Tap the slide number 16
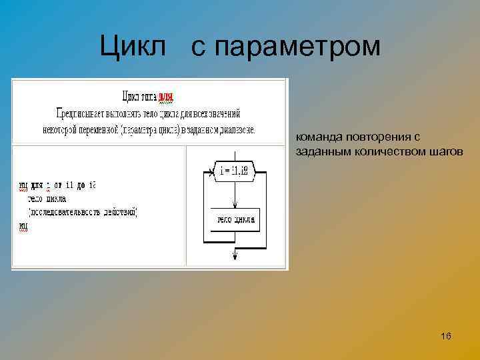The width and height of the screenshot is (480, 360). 446,336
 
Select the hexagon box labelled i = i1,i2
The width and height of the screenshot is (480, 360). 235,171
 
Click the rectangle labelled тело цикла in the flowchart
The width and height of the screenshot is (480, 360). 235,220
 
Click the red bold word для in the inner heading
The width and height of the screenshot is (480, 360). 165,97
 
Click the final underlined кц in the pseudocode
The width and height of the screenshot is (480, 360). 24,226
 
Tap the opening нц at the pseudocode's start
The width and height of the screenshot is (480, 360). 24,185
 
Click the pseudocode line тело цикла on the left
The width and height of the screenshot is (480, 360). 47,199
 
